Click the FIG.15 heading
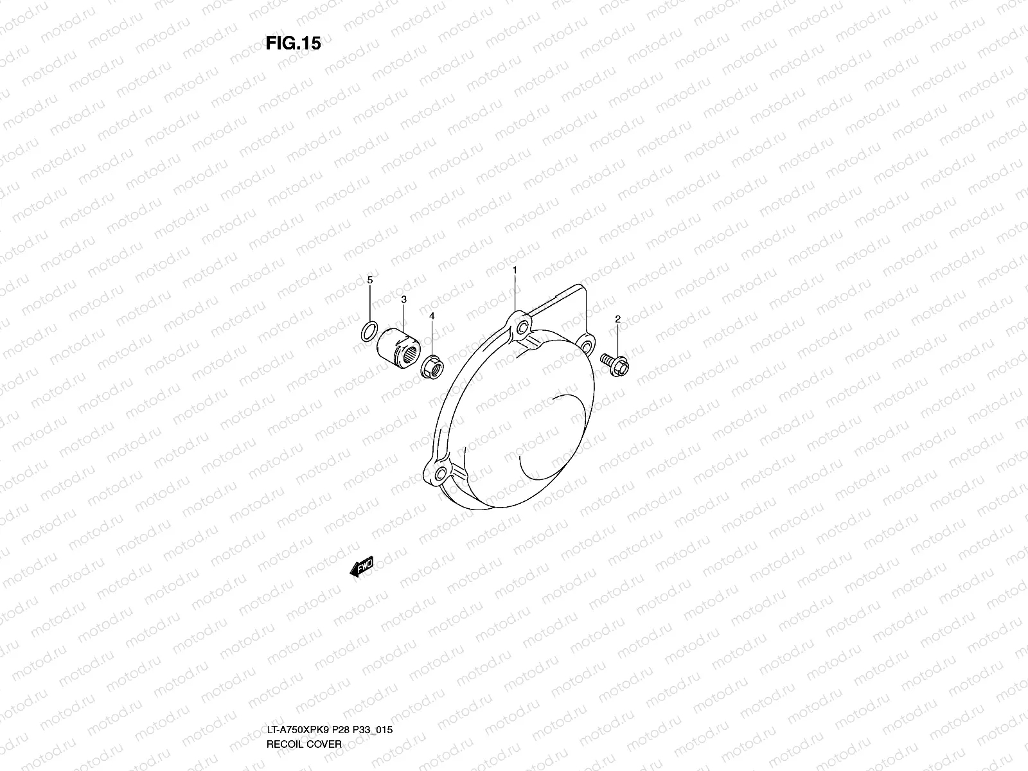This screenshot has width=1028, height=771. pyautogui.click(x=293, y=44)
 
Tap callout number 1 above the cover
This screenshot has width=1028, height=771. pyautogui.click(x=515, y=271)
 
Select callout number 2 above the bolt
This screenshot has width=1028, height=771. pyautogui.click(x=617, y=319)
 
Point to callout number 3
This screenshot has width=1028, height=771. pyautogui.click(x=403, y=299)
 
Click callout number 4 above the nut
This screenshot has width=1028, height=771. pyautogui.click(x=432, y=316)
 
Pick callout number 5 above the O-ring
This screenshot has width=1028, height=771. pyautogui.click(x=369, y=280)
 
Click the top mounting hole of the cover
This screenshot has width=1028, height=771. pyautogui.click(x=520, y=328)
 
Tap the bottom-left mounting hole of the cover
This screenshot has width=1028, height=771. pyautogui.click(x=440, y=475)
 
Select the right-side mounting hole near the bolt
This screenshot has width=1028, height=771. pyautogui.click(x=586, y=346)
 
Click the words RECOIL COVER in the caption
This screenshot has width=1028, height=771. pyautogui.click(x=304, y=690)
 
